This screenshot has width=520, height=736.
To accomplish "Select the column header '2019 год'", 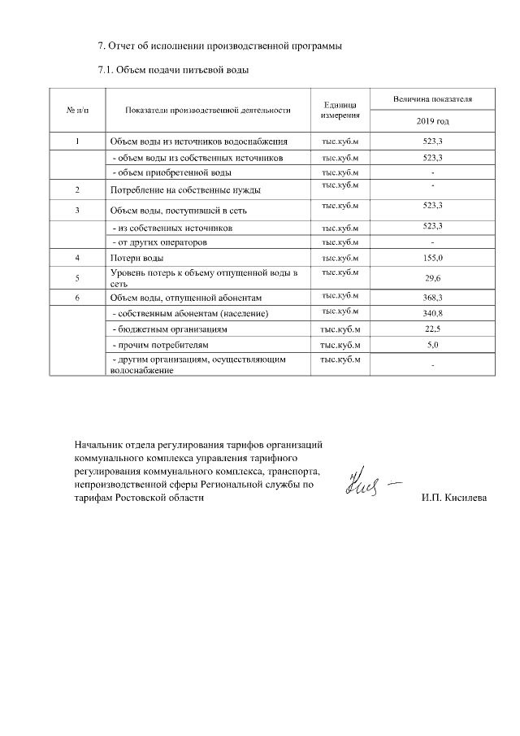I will coord(432,121).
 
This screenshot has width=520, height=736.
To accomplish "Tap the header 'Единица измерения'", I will coord(340,110).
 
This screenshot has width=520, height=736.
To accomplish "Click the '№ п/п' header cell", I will coord(77,110).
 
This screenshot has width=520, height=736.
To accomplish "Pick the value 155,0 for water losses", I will coord(432,257).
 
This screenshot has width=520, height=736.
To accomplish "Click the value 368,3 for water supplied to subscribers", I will coord(432,298).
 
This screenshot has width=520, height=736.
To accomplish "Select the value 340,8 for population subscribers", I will coord(432,313).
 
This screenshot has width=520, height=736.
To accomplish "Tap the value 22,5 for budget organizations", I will coord(432,329).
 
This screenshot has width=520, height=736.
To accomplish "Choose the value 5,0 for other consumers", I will coord(432,346).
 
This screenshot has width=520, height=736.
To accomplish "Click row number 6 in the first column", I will coord(77,298).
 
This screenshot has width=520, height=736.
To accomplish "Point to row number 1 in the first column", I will coord(77,142).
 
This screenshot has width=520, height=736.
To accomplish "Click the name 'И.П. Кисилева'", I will coord(454,498).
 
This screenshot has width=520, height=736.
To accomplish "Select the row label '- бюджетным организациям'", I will coord(168,330).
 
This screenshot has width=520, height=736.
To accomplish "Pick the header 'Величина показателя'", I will coord(432,99).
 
